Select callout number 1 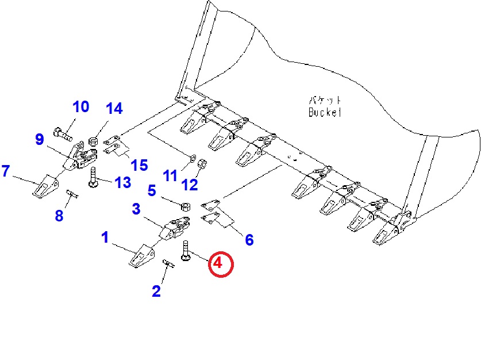coord(105,237)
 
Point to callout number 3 coord(136,209)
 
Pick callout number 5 coord(152,190)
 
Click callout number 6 coord(249,239)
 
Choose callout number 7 coord(6,171)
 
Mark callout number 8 coord(59,216)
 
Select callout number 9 coord(39,139)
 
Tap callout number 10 coord(80,106)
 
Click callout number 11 coord(170,176)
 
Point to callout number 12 coord(190,184)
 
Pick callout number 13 coord(122,183)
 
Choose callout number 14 coord(114,108)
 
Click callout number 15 coord(139,166)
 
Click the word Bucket coord(325,112)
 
